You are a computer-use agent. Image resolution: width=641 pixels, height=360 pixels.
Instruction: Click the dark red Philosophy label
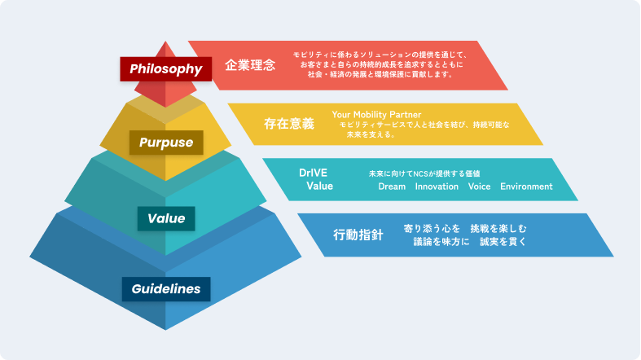pyautogui.click(x=166, y=69)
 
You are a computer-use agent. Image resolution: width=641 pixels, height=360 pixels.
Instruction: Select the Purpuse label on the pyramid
pyautogui.click(x=166, y=143)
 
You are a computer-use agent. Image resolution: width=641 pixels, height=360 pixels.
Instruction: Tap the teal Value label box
pyautogui.click(x=166, y=218)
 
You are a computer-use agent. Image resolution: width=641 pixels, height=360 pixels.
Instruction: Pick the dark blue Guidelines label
pyautogui.click(x=166, y=289)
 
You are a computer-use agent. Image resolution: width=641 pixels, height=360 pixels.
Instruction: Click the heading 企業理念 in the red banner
pyautogui.click(x=250, y=64)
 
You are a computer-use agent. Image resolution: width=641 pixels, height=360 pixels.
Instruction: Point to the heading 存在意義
pyautogui.click(x=288, y=124)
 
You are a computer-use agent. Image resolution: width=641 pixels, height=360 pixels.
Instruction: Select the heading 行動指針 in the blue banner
pyautogui.click(x=358, y=235)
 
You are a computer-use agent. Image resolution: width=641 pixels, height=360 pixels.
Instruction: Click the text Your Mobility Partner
pyautogui.click(x=376, y=114)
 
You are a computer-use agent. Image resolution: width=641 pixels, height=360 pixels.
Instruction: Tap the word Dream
pyautogui.click(x=392, y=187)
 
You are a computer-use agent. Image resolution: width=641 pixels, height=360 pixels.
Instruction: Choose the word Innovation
pyautogui.click(x=437, y=187)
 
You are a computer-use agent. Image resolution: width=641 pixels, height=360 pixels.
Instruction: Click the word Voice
pyautogui.click(x=479, y=187)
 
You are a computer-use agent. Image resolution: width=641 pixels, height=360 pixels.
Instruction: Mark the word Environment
pyautogui.click(x=526, y=187)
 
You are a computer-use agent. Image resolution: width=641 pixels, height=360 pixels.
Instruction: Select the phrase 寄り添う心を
pyautogui.click(x=432, y=228)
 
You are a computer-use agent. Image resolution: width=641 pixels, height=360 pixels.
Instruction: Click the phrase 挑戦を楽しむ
pyautogui.click(x=498, y=228)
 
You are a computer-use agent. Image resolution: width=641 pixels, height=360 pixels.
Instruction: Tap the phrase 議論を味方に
pyautogui.click(x=441, y=242)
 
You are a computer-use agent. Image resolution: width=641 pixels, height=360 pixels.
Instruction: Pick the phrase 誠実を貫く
pyautogui.click(x=503, y=242)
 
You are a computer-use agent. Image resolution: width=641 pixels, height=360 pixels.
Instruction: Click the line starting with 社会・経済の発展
pyautogui.click(x=380, y=74)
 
